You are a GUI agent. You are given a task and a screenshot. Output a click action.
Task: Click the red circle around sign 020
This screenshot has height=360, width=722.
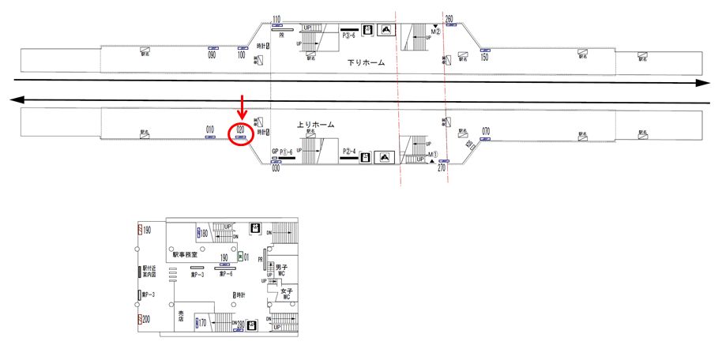click(x=239, y=135)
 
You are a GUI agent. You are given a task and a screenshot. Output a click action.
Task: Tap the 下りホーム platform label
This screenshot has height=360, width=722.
click(x=367, y=62)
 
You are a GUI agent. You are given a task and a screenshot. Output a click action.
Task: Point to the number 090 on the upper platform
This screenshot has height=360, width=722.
click(x=212, y=55)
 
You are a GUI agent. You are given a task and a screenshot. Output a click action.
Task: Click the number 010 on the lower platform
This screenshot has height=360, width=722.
click(x=210, y=129)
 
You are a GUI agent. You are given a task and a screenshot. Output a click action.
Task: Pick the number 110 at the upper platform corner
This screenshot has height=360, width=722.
click(x=276, y=20)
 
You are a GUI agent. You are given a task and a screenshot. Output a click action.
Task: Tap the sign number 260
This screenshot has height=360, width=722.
click(x=449, y=18)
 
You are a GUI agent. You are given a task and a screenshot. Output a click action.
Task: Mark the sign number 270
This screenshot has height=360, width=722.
click(x=442, y=168)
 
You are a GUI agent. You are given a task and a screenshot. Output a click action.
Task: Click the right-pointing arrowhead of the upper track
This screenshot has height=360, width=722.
click(x=701, y=82)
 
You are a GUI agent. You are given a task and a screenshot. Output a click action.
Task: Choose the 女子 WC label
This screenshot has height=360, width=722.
click(x=288, y=294)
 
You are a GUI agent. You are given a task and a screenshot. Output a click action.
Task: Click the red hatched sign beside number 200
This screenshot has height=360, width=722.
click(x=139, y=320)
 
